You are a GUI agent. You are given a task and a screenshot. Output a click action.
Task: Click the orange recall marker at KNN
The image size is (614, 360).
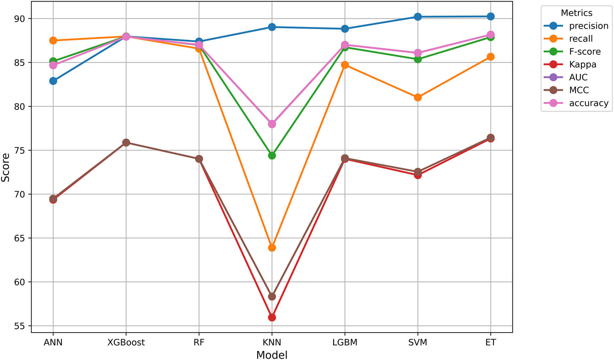(272, 248)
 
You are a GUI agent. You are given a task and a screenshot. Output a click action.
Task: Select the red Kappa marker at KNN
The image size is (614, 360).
(272, 317)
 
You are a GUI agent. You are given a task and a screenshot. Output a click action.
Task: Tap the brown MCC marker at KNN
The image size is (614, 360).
(272, 297)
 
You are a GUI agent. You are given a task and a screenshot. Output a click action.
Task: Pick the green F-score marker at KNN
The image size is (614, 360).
(272, 156)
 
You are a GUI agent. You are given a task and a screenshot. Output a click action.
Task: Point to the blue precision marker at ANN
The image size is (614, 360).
(53, 81)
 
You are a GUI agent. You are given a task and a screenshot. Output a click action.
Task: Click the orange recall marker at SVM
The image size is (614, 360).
(418, 97)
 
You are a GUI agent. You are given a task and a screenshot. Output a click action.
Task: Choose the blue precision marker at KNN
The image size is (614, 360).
(272, 27)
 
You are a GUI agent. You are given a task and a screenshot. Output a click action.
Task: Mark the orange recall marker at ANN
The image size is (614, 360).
(53, 41)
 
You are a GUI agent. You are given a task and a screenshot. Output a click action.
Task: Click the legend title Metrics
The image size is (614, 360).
(576, 13)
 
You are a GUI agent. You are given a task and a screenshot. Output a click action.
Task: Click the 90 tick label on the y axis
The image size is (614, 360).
(20, 19)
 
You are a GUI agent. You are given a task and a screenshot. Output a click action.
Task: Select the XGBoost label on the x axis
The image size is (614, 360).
(126, 342)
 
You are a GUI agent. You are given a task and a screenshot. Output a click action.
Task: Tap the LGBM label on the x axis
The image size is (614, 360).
(345, 342)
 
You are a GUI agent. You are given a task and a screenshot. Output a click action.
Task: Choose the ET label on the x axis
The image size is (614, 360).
(490, 342)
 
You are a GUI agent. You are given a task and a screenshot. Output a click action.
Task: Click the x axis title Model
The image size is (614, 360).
(272, 355)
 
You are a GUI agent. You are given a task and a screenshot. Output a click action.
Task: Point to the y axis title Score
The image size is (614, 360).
(6, 168)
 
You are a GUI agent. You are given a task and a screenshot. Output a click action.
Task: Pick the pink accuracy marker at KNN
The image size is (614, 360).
(272, 124)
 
